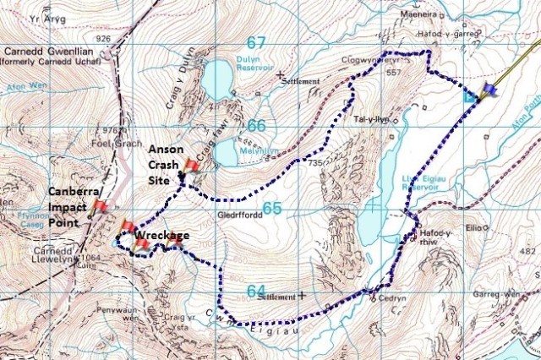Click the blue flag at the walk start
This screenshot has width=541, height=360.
pos(489,89)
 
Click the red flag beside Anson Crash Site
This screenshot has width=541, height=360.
pos(192,166)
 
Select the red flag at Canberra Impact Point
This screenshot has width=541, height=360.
pos(101,206)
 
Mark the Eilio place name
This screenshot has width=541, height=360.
pos(472,227)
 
